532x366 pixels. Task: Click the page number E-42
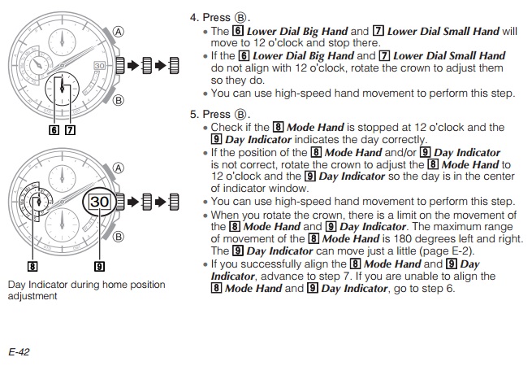click(19, 351)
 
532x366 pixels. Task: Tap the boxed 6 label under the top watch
click(54, 130)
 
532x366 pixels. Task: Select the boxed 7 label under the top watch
click(70, 130)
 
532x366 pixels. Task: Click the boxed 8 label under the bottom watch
click(32, 266)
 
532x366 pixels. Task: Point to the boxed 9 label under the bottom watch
click(99, 266)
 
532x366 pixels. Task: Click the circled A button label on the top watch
click(118, 32)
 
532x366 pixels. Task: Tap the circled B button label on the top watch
click(118, 100)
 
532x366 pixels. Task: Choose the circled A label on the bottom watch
click(118, 168)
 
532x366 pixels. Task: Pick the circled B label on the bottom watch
click(118, 237)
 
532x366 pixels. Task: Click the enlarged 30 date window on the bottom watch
click(99, 202)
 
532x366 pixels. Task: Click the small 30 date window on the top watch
click(99, 66)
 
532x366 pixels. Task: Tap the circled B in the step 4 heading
click(240, 17)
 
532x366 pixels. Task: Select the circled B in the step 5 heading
click(240, 114)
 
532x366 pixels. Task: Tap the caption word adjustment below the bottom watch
click(32, 296)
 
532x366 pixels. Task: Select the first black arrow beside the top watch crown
click(133, 66)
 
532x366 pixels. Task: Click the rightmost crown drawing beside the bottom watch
click(174, 202)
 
